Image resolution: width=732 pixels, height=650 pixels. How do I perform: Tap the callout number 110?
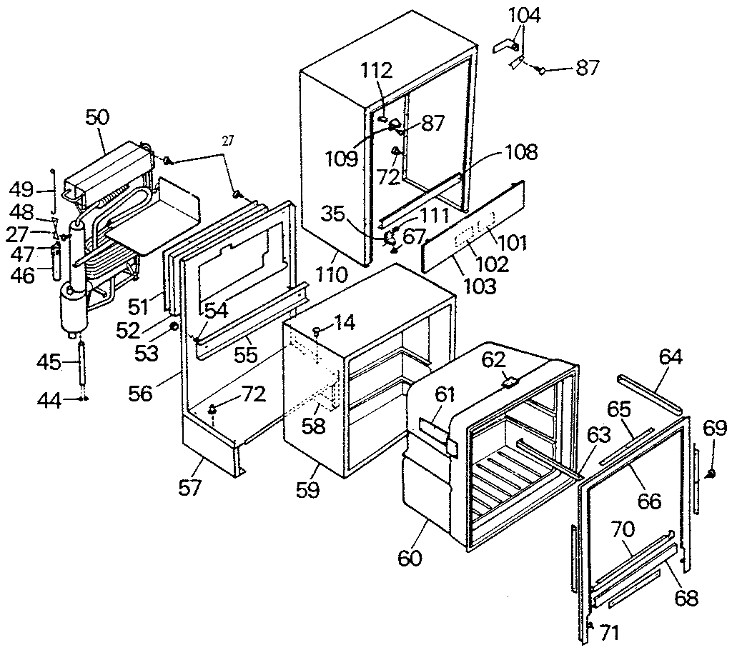tap(332, 273)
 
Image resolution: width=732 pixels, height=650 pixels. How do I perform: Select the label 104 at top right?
tap(525, 15)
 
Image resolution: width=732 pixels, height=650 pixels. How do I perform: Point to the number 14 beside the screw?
tap(343, 323)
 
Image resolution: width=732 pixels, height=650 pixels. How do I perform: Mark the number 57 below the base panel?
tap(191, 488)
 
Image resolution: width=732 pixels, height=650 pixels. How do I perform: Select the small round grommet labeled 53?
tap(172, 327)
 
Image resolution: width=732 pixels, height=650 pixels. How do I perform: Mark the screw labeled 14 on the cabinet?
tap(317, 329)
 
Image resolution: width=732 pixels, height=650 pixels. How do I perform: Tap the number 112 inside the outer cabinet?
tap(377, 71)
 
